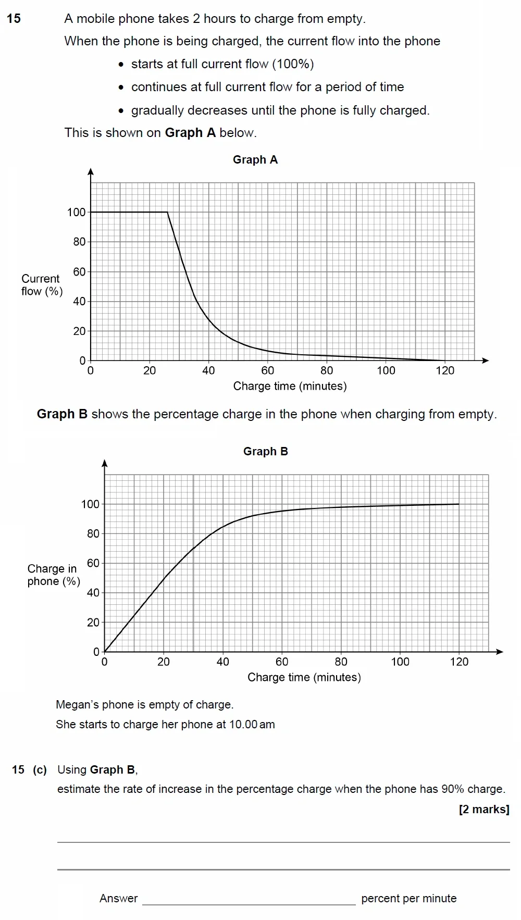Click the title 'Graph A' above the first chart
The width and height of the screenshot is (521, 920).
(255, 160)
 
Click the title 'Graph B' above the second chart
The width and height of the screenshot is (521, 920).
(265, 452)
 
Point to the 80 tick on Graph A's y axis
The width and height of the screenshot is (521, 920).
(79, 242)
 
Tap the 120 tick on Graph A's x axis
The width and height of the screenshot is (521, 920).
(445, 370)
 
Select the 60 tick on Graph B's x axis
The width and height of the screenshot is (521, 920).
(282, 662)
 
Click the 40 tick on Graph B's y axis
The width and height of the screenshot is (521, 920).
(93, 593)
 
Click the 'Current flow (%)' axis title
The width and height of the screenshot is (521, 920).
(42, 285)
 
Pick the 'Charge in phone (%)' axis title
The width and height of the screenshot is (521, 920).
(53, 575)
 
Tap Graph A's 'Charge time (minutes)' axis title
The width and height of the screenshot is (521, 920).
(290, 386)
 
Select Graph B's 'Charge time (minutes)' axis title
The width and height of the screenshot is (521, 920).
(304, 677)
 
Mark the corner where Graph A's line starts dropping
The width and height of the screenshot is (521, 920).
(167, 212)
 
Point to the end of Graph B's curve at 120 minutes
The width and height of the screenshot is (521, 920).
(459, 504)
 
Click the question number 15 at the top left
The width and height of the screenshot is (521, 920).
(14, 19)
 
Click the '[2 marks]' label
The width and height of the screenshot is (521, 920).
(483, 810)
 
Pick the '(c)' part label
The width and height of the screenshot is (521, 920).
(40, 770)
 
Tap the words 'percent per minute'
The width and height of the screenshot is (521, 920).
(408, 899)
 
